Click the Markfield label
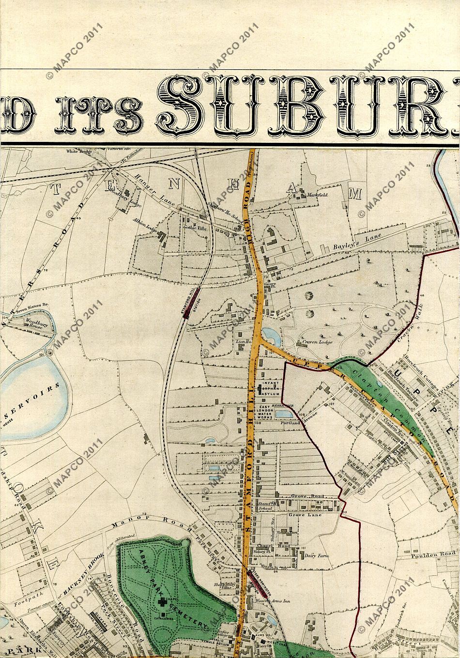318,195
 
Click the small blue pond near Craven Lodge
269,334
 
